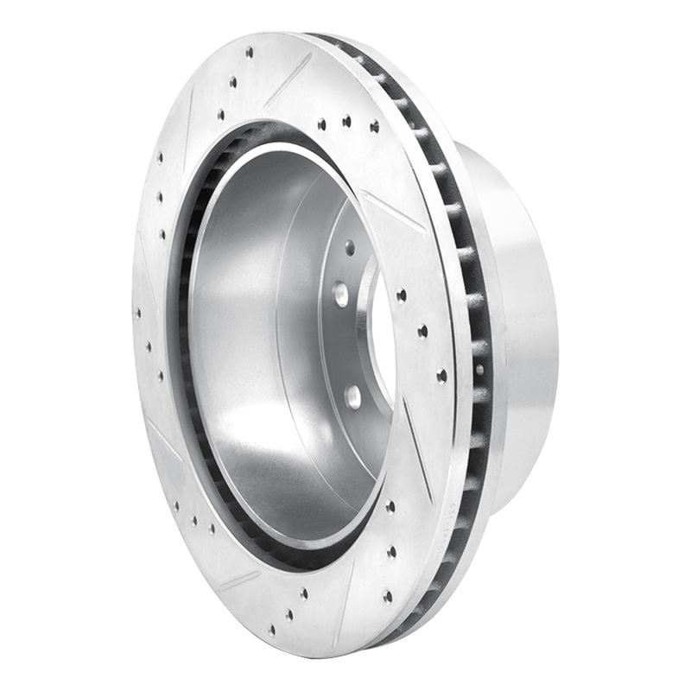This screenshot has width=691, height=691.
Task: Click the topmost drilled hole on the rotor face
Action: click(250, 52)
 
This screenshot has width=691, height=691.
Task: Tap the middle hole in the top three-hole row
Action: click(346, 121)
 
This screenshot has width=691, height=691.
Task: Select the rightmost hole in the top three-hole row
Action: click(374, 126)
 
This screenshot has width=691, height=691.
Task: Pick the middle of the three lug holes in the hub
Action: click(340, 294)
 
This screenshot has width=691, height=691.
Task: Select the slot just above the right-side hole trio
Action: click(393, 212)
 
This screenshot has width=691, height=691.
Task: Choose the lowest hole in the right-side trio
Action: click(441, 376)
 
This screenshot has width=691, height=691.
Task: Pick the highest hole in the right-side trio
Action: click(401, 295)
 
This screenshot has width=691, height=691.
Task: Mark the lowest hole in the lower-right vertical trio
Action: click(387, 596)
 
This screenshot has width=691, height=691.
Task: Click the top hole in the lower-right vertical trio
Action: click(390, 507)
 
